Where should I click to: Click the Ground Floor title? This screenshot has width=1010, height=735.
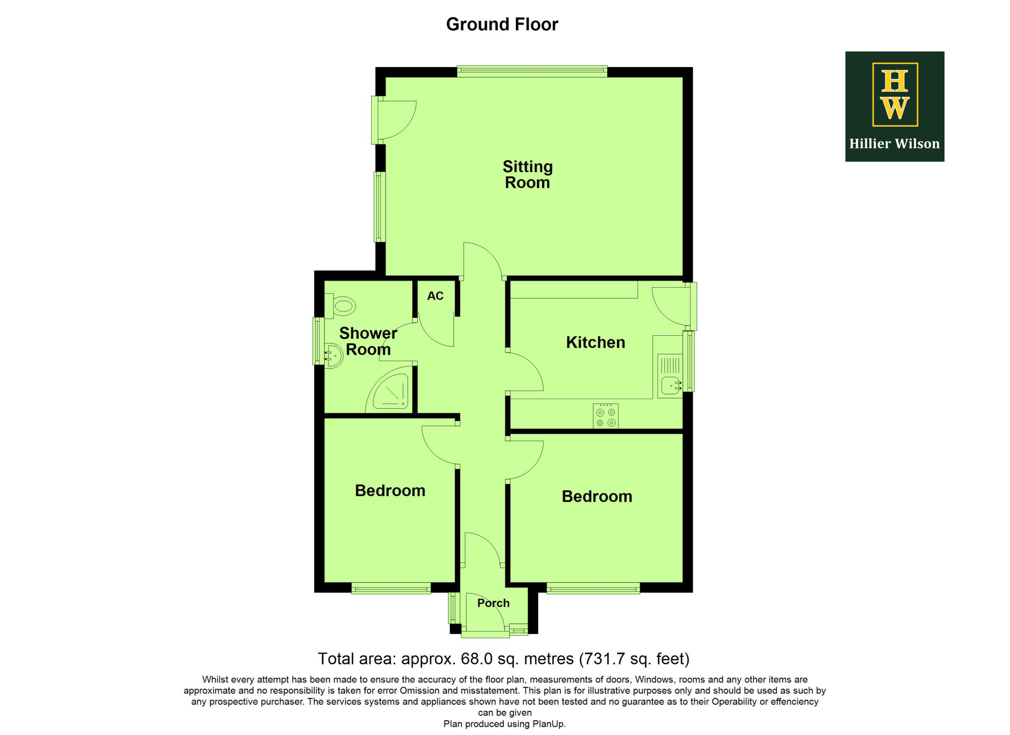tap(502, 24)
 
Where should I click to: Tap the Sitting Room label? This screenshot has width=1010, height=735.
tap(528, 174)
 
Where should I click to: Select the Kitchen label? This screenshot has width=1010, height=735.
tap(595, 343)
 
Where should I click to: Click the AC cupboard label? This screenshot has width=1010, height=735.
tap(435, 296)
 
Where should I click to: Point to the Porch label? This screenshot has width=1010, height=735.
tap(494, 603)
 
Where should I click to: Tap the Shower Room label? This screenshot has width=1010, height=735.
tap(368, 341)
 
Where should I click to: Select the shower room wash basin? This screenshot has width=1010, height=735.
tap(333, 356)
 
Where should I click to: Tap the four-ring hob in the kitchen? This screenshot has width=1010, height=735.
tap(605, 416)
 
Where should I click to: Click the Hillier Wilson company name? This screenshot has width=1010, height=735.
tap(894, 144)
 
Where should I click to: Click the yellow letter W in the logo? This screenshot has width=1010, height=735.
tap(895, 108)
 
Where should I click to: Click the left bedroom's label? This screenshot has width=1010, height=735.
tap(390, 491)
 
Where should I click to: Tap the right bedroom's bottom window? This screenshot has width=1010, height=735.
tap(593, 589)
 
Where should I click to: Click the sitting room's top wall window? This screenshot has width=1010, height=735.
tap(532, 72)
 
